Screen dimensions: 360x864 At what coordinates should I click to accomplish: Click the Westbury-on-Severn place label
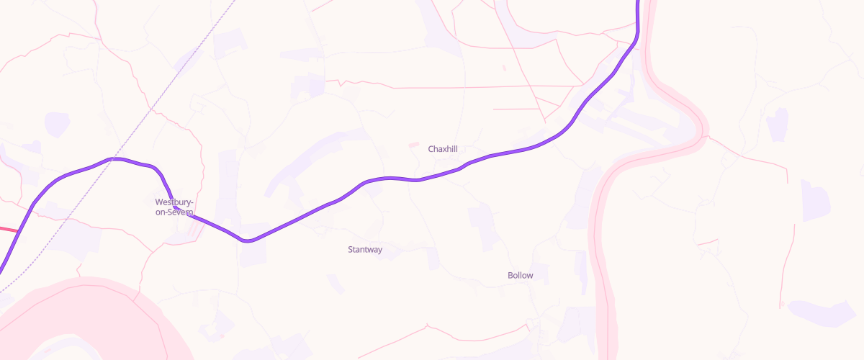point(174,207)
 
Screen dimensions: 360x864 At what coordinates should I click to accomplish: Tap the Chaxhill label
point(443,149)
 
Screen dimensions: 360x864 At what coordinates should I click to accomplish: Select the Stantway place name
point(365,250)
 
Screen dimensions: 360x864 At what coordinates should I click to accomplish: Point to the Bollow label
point(521,275)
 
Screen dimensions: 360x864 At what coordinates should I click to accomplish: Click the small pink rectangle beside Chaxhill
point(414,145)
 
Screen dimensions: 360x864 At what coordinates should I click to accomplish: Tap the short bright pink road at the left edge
point(9,230)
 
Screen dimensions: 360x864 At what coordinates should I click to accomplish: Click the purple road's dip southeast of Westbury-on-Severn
point(248,240)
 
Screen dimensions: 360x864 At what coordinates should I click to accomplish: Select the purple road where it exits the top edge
point(638,2)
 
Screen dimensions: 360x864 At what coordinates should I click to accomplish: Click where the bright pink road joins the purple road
point(18,232)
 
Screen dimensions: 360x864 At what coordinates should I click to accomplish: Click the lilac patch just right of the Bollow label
point(541,273)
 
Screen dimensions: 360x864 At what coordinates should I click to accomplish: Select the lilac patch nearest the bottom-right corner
point(821,312)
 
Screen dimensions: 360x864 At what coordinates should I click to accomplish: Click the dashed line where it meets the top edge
point(235,1)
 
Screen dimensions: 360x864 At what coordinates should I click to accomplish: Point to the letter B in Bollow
point(510,275)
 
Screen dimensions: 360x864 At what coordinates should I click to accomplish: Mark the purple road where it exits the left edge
point(1,270)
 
